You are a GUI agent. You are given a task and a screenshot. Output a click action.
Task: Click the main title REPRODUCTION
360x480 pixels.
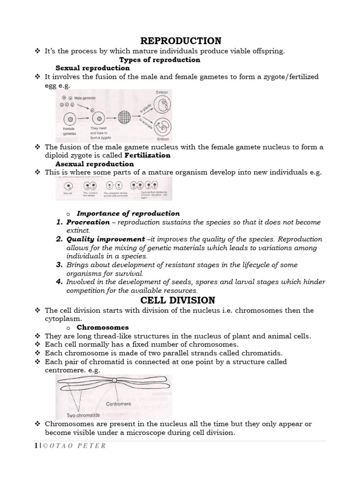pos(181,41)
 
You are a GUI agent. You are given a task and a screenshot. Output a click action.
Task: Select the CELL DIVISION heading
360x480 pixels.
pos(181,300)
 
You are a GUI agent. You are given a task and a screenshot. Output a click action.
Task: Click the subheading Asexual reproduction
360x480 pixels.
pos(94,164)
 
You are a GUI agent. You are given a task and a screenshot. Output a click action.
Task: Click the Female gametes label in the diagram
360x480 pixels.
pos(69,130)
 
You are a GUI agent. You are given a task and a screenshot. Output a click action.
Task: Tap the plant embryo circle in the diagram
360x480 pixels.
pos(162,106)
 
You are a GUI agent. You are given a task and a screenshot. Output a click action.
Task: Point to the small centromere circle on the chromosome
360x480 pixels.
pos(115,380)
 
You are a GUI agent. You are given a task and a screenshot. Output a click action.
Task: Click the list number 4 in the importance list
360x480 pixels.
pos(60,282)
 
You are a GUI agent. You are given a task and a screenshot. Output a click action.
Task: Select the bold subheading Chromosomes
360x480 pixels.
pos(103,327)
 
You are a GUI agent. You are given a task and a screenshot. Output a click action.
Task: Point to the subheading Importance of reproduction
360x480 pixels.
pos(128,213)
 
